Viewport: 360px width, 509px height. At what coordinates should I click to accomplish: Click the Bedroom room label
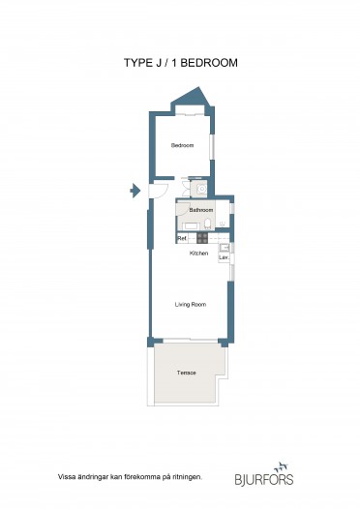(182, 145)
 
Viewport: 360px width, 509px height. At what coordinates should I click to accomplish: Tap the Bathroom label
(201, 210)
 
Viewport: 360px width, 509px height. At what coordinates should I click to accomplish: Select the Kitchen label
(198, 254)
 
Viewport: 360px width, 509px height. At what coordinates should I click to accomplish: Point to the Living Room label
(191, 305)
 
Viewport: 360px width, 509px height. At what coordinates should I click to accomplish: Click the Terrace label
(187, 373)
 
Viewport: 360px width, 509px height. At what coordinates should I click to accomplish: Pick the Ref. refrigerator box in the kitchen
(182, 238)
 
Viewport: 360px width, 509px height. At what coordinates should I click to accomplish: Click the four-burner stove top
(202, 238)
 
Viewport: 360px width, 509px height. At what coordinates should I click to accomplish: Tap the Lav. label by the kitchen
(224, 257)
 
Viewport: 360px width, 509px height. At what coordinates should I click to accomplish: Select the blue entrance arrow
(135, 191)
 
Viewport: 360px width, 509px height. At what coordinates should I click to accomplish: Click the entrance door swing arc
(165, 193)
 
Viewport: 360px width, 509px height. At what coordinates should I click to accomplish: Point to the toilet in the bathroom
(207, 224)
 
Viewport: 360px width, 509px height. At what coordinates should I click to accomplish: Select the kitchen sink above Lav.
(225, 248)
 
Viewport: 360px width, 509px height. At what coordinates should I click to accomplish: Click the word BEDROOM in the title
(209, 63)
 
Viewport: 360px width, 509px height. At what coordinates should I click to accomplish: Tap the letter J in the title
(158, 63)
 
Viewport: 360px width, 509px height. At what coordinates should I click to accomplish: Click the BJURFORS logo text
(264, 479)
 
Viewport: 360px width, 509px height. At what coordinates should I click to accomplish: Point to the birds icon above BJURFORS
(281, 467)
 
